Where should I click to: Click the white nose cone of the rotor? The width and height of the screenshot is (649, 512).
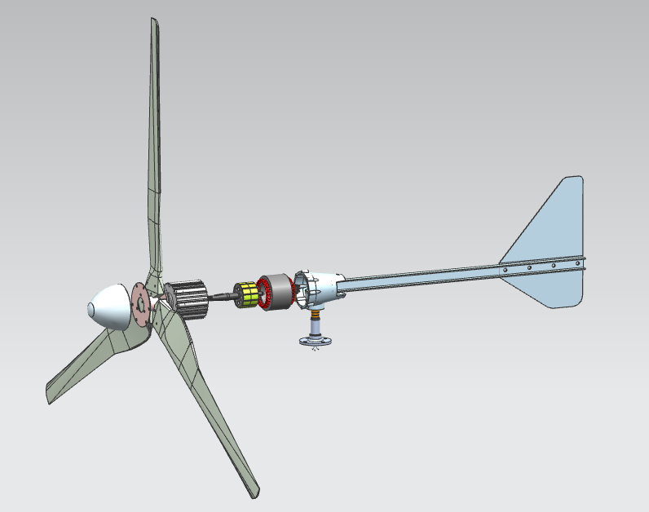pos(110,307)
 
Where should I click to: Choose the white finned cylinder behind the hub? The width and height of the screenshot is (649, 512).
pos(189,299)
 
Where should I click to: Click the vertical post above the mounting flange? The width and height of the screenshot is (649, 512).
pos(314,326)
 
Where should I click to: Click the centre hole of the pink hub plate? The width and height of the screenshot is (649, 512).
pos(140,305)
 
